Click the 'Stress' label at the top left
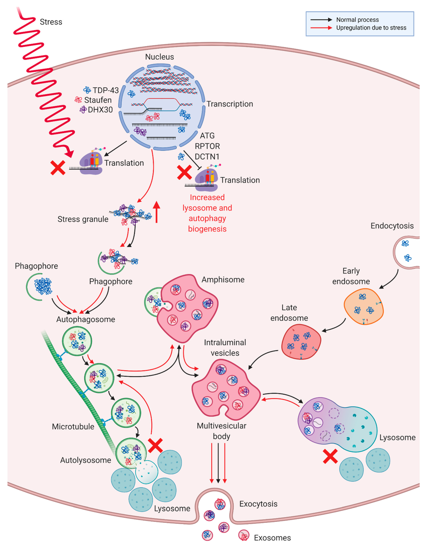(x=51, y=22)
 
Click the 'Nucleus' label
(x=159, y=57)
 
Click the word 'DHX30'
(x=100, y=110)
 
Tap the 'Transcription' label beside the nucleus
(x=230, y=104)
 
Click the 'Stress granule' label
(x=83, y=219)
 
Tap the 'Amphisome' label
(x=223, y=280)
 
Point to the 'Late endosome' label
(x=289, y=313)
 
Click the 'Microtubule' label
(x=73, y=427)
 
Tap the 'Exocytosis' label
(x=258, y=504)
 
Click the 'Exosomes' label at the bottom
(x=272, y=538)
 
